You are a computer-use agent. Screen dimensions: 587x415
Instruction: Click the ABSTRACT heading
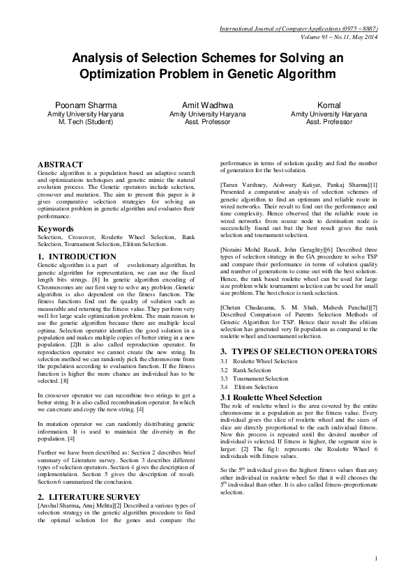coord(59,165)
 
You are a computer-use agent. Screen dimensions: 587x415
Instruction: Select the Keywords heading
coord(56,209)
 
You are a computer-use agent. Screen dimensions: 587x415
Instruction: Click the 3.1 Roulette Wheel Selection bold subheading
coord(262,397)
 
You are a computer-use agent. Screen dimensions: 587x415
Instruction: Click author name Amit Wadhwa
coord(207,105)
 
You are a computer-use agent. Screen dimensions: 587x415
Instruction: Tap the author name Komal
coord(329,105)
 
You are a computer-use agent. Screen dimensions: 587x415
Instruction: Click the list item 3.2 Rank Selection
coord(243,371)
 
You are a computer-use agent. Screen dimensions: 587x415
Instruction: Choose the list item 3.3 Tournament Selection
coord(251,379)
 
